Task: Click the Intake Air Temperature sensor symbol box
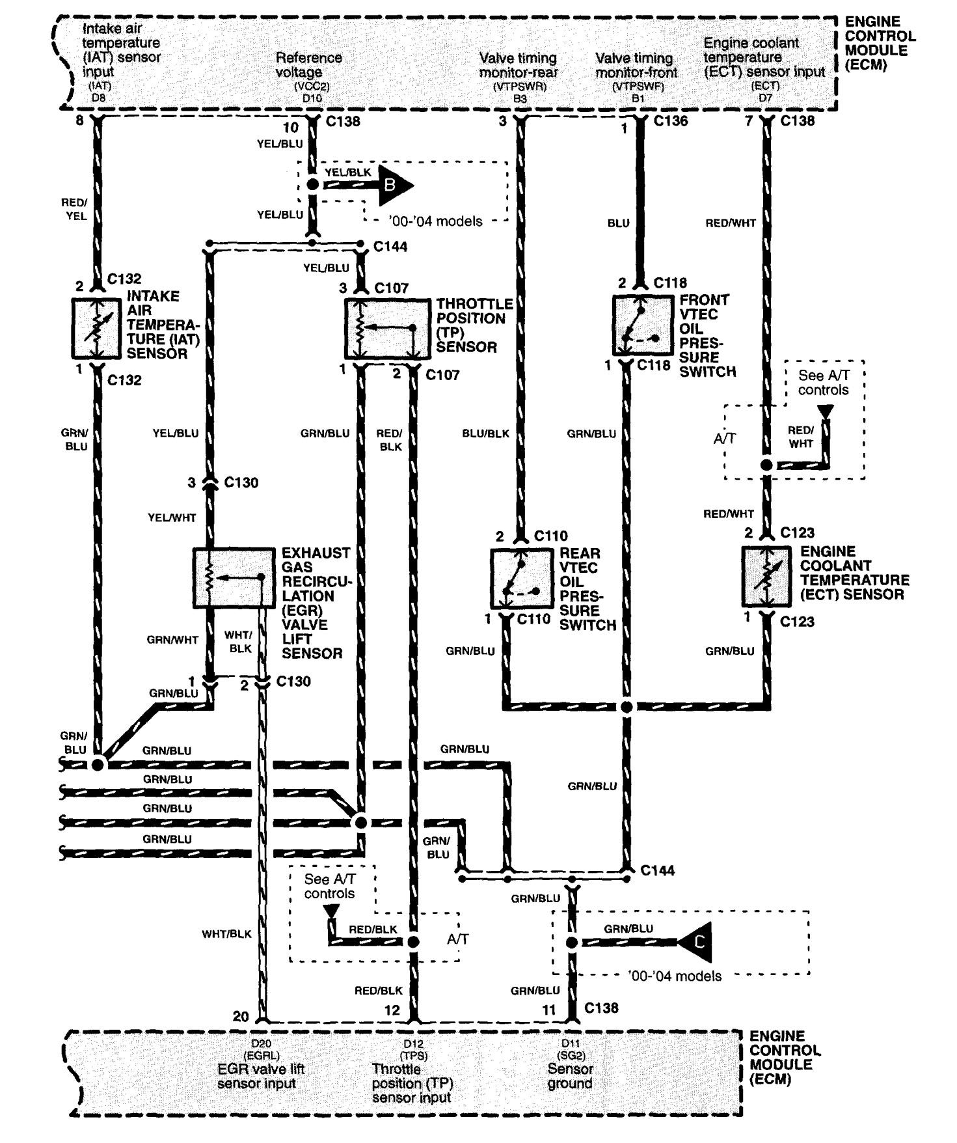click(x=97, y=329)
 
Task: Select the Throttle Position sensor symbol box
click(x=387, y=329)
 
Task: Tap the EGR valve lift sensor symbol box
click(x=234, y=578)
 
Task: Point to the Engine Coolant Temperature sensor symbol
click(x=770, y=577)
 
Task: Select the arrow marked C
click(x=697, y=942)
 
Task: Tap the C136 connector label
click(x=671, y=121)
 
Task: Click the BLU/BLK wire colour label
click(x=486, y=434)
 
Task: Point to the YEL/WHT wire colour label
click(x=172, y=517)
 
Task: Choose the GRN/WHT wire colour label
click(x=172, y=640)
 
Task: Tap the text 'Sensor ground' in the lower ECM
click(x=570, y=1076)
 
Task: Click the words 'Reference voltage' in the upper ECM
click(x=309, y=64)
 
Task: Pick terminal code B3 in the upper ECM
click(x=520, y=100)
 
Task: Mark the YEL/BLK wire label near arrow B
click(x=347, y=172)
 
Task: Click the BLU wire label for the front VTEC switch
click(x=618, y=223)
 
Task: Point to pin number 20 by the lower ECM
click(x=241, y=1016)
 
